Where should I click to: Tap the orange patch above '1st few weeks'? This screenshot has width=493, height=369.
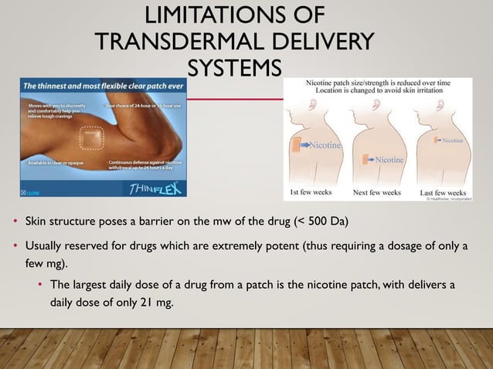coord(297,144)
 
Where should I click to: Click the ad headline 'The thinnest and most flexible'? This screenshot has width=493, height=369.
coord(85,86)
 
